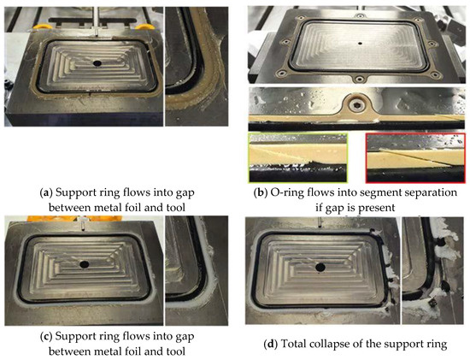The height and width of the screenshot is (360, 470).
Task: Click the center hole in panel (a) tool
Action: tap(97, 63)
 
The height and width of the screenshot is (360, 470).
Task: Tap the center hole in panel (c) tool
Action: tap(85, 264)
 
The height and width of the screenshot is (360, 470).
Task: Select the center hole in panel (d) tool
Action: tap(320, 267)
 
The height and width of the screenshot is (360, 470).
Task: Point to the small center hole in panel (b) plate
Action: tap(360, 44)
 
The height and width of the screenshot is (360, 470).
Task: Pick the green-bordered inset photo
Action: tap(298, 158)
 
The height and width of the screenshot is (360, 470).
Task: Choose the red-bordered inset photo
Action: tap(415, 158)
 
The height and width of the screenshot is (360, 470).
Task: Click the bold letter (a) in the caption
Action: tap(46, 192)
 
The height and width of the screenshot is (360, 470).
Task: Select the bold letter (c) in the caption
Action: tap(46, 337)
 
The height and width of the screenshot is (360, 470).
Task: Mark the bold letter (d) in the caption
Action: tap(270, 344)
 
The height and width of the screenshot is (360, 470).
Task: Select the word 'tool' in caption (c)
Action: tap(175, 351)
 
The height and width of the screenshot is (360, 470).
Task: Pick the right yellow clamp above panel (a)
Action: tap(144, 27)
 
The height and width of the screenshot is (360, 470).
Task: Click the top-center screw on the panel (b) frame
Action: tap(356, 16)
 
